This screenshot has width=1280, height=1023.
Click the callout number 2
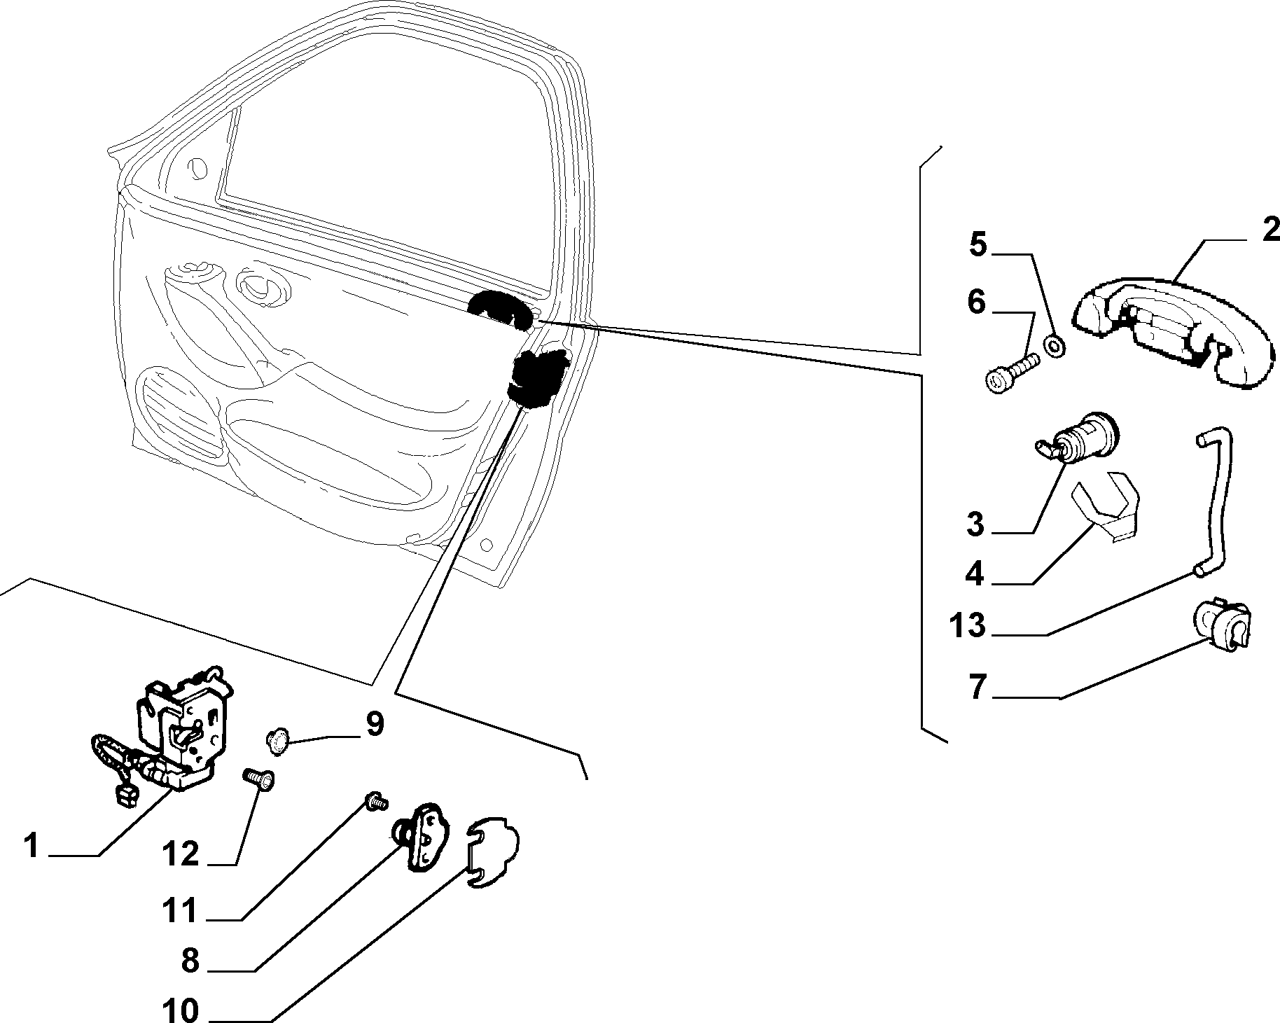coord(1269,230)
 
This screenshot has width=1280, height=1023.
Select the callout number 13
coord(968,625)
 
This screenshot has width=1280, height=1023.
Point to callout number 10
coord(181,1010)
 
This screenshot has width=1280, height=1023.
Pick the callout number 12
coord(181,854)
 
